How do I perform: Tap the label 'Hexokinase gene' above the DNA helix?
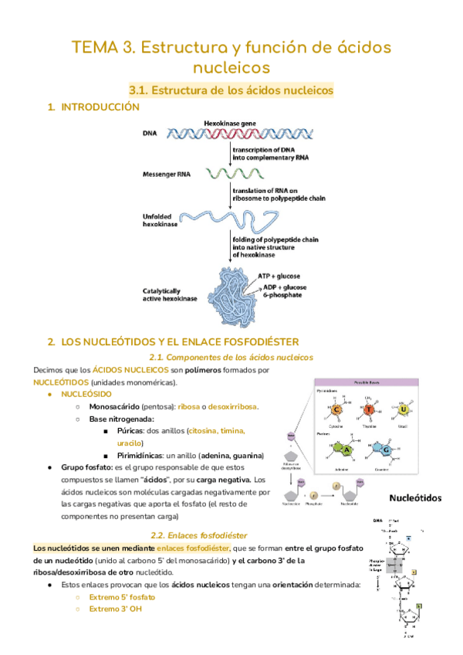tap(229, 124)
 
